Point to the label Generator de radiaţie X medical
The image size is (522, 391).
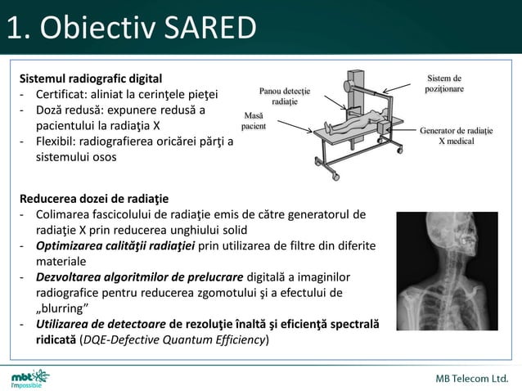(457, 136)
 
